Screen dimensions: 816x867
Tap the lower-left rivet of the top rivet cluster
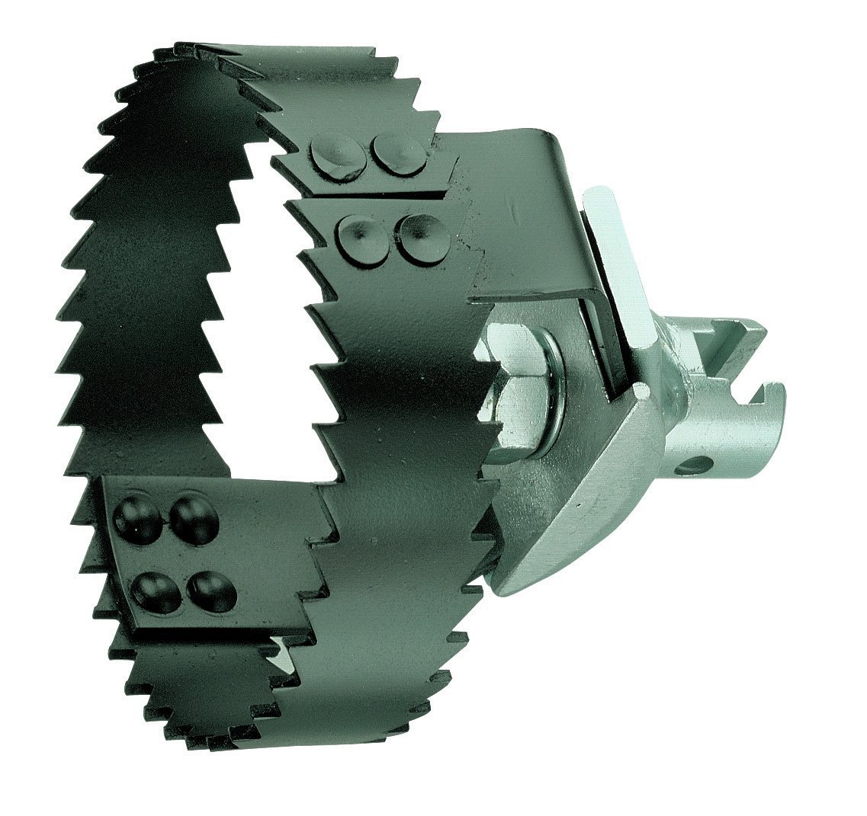[x=358, y=237]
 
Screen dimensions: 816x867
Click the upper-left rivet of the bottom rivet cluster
[x=138, y=518]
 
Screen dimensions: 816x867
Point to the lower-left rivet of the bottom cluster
[x=156, y=591]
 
